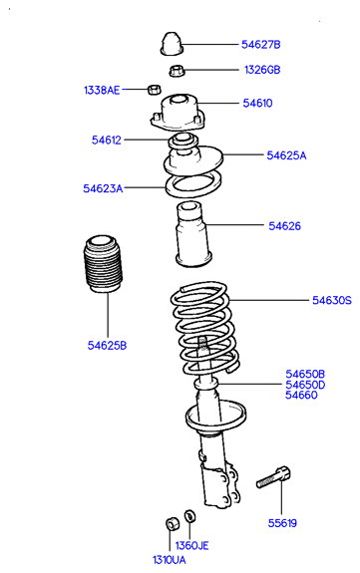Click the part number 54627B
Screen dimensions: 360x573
coord(261,45)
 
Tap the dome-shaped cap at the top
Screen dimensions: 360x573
coord(172,44)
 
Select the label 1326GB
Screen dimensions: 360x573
coord(262,70)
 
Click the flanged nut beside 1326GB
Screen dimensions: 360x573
coord(177,71)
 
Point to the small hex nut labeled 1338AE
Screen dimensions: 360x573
coord(154,89)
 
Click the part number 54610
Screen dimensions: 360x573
coord(257,103)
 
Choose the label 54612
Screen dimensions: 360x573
coord(106,140)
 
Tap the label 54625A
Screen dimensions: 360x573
coord(286,155)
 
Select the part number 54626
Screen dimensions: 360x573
coord(284,226)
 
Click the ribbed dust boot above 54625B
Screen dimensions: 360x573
coord(103,264)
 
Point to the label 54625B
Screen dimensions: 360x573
coord(107,345)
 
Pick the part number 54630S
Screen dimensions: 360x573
coord(332,300)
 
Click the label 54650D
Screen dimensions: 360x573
coord(305,385)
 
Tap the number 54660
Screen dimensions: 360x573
coord(301,395)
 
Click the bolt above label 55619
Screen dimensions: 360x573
coord(273,477)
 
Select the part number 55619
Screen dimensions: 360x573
coord(282,523)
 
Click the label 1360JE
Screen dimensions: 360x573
coord(191,545)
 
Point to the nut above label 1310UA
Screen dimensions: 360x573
coord(172,523)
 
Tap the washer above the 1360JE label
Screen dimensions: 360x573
coord(189,515)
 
